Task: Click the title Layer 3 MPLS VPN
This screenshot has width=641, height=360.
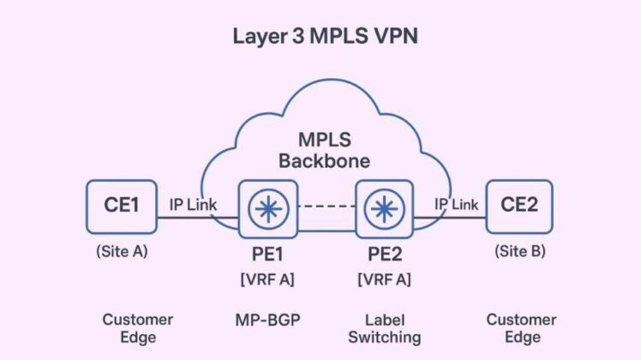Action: click(x=320, y=36)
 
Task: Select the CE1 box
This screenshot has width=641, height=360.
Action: click(x=122, y=207)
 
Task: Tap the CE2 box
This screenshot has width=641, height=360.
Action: click(x=520, y=207)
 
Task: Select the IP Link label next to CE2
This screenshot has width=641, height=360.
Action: click(x=456, y=204)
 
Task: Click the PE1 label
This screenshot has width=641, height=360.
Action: click(x=269, y=255)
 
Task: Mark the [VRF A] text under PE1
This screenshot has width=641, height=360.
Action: click(x=269, y=279)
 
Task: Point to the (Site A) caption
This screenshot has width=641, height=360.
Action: click(x=121, y=252)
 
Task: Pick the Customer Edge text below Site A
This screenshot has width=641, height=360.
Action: click(x=137, y=328)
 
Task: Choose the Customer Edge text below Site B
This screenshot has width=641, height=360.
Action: click(x=521, y=328)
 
